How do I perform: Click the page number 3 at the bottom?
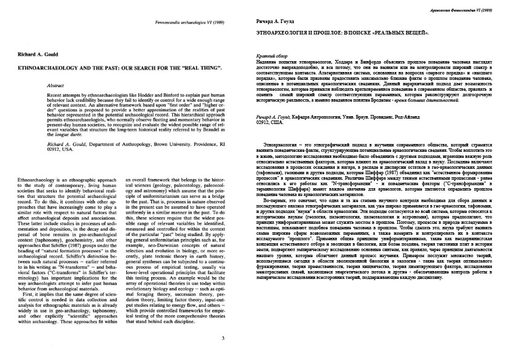[x=223, y=338]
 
